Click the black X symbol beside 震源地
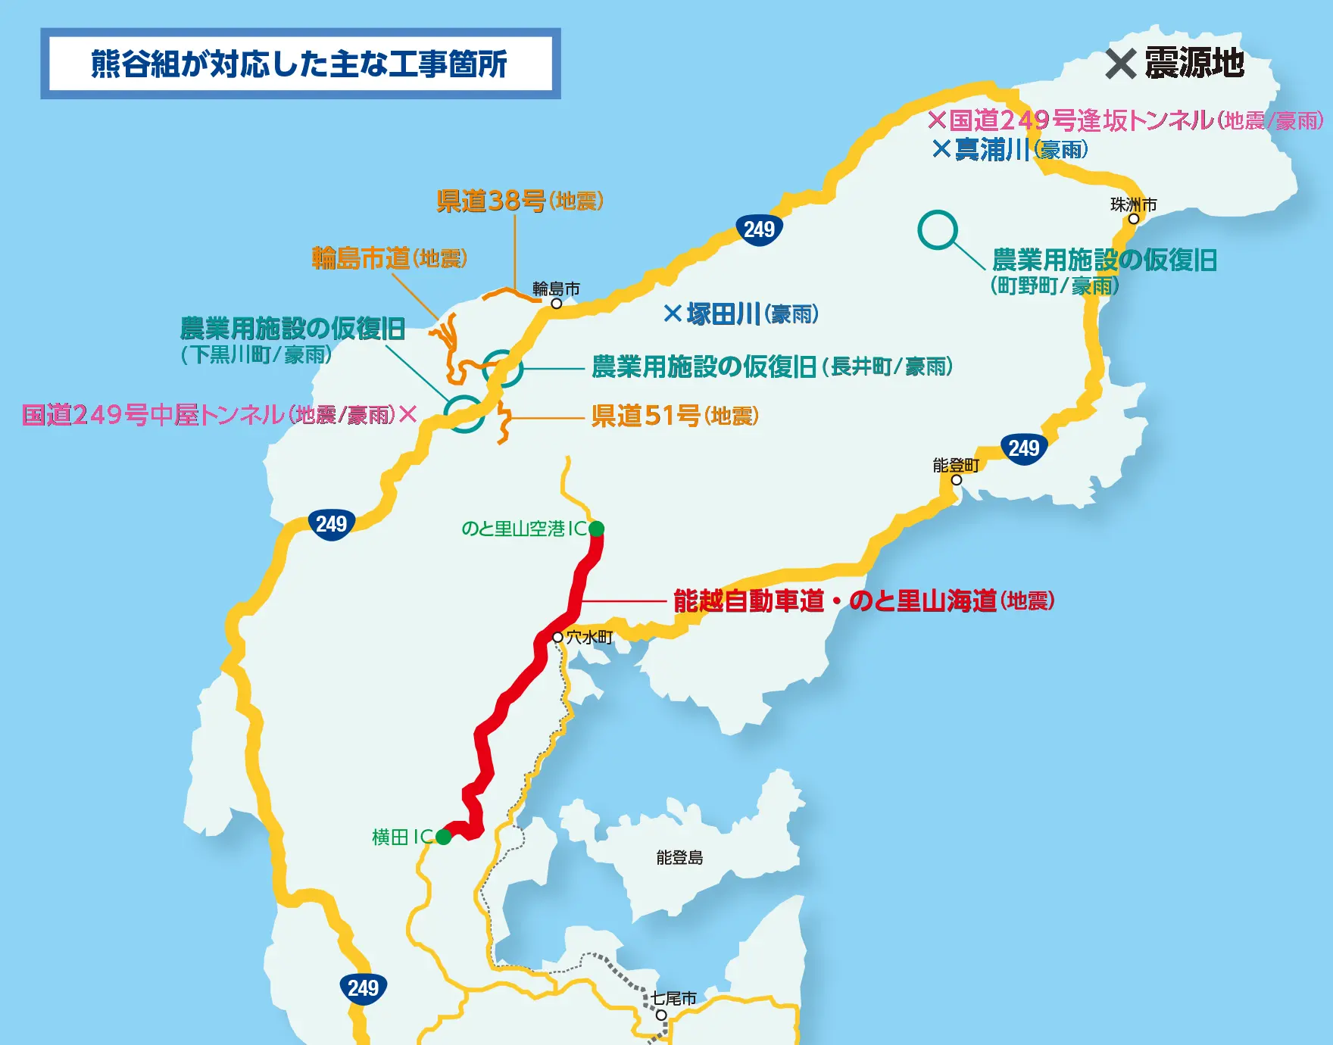click(x=1121, y=64)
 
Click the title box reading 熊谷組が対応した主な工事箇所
click(x=300, y=64)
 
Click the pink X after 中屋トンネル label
click(x=408, y=414)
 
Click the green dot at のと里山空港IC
click(x=596, y=529)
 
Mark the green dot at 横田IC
click(x=444, y=837)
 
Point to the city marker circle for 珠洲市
click(x=1134, y=219)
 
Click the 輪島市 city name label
click(x=556, y=289)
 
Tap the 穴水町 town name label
click(x=589, y=638)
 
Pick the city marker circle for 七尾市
click(x=661, y=1015)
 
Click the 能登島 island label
click(x=679, y=857)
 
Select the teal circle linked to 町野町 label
click(x=938, y=230)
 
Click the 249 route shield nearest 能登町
click(x=1024, y=448)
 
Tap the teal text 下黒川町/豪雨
click(x=256, y=354)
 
